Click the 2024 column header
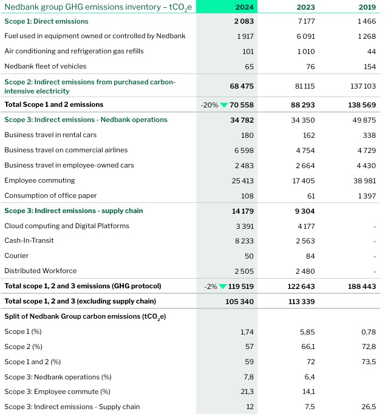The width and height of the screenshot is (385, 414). (245, 7)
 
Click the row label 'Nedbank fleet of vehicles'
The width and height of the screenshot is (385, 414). (46, 66)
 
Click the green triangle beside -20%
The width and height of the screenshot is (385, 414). (224, 105)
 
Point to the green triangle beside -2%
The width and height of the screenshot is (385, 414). (224, 286)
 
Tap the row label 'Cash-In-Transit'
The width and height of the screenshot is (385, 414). (29, 240)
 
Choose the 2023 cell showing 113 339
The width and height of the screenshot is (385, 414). (299, 301)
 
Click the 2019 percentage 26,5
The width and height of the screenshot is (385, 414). (369, 407)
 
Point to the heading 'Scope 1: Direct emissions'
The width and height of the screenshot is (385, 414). (46, 21)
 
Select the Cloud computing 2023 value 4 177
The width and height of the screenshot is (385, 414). (302, 226)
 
